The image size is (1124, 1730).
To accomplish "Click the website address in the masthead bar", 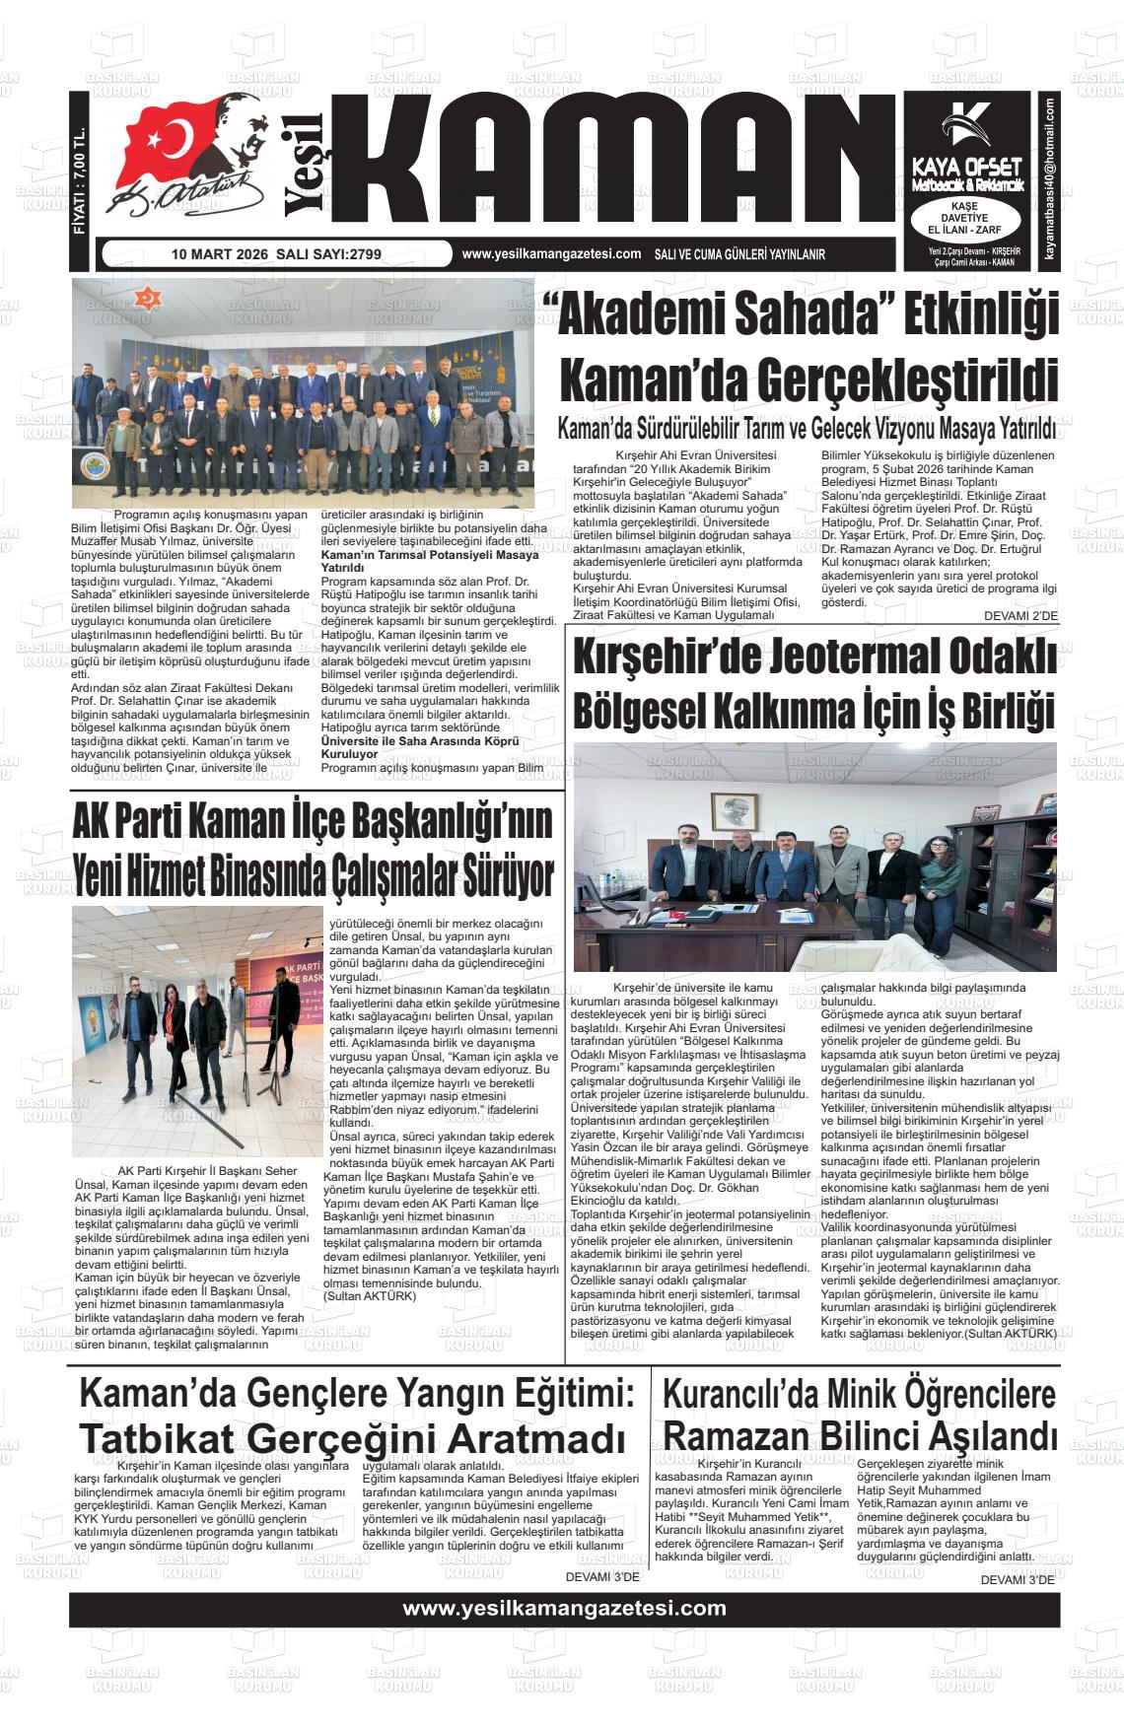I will (551, 254).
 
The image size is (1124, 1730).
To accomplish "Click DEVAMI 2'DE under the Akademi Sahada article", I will (1020, 616).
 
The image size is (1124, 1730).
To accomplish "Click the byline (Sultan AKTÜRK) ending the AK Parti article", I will (370, 1296).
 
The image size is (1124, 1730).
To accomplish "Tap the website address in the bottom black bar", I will (564, 1609).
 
